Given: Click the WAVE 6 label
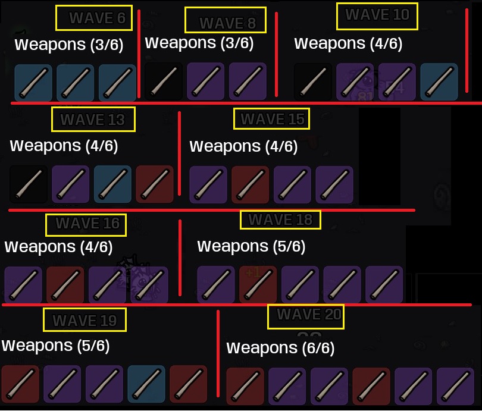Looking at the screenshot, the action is pos(98,18).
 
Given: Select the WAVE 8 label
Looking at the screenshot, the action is pos(228,23).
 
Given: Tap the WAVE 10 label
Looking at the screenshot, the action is pos(377,14).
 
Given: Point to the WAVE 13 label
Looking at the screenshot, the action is pos(92,120).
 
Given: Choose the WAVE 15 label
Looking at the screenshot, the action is pos(273,119).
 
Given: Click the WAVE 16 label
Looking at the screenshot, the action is pos(87,223).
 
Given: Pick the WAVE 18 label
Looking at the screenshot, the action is pos(280,219).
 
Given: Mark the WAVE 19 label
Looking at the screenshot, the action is pos(85,321).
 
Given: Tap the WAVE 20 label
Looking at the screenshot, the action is pos(309,314).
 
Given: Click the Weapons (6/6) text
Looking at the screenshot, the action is pos(280,348).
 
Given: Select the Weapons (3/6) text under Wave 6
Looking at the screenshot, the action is pos(69,45).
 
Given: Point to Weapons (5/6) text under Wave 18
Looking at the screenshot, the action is pos(251,246).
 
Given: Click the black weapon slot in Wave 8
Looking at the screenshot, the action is pos(164,81).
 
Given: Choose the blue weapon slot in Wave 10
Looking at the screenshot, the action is pos(439,81).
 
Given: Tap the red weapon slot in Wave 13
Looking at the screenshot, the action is pos(155,184).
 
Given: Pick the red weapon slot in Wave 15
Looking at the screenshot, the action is pos(250,184).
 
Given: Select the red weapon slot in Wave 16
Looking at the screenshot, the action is pos(65,285).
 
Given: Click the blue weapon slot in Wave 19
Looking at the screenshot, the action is pos(146,384).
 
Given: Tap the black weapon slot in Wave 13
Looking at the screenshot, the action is pos(29,184).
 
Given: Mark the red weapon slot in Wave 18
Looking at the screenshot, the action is pos(258,284).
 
